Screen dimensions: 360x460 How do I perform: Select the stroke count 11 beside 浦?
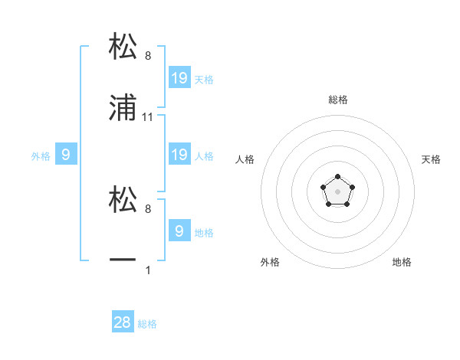148,117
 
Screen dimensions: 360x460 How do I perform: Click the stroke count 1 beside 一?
148,269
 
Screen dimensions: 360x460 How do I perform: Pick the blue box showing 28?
123,322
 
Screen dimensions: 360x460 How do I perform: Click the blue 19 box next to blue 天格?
179,77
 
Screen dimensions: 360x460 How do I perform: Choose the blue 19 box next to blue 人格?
179,155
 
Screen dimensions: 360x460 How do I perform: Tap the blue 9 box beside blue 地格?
179,231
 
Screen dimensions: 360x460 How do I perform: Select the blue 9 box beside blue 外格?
66,155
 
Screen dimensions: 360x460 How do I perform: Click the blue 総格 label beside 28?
148,324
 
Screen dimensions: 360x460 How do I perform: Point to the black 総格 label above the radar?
337,100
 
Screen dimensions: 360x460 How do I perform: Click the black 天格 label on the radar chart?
431,159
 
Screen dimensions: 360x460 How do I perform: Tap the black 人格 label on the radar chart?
245,159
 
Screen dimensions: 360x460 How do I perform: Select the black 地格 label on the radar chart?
402,262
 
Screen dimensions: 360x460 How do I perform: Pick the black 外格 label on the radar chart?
270,262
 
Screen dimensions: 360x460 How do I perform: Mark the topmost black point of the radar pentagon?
337,177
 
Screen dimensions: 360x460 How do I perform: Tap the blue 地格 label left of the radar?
204,232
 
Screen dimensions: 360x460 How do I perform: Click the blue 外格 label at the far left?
40,156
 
